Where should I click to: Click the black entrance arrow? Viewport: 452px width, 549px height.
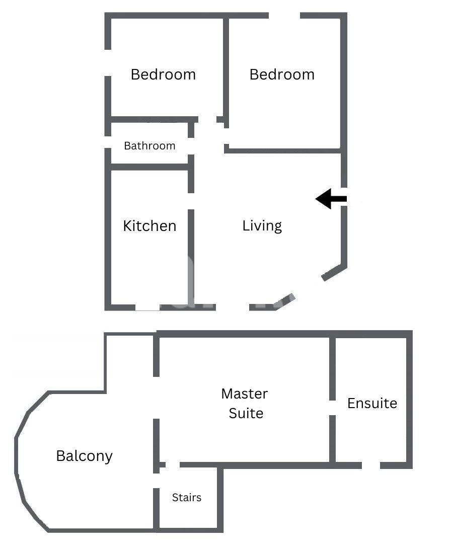tap(331, 199)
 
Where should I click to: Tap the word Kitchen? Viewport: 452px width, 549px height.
tap(149, 226)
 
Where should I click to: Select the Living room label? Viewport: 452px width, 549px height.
tap(262, 226)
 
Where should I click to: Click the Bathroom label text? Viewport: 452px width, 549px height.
tap(149, 145)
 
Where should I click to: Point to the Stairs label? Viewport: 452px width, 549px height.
tap(187, 498)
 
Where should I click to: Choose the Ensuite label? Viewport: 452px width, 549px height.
tap(372, 404)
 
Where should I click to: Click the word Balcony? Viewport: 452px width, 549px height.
tap(85, 456)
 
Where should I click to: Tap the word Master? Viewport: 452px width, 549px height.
tap(245, 394)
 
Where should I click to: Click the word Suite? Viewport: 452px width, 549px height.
tap(246, 414)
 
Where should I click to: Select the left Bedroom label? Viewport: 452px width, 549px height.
tap(163, 74)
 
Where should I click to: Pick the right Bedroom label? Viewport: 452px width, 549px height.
tap(282, 74)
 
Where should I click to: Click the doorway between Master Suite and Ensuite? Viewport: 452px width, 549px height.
tap(333, 408)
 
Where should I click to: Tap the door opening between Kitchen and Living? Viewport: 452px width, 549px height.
tap(191, 201)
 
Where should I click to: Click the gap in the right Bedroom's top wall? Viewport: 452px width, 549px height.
tap(284, 16)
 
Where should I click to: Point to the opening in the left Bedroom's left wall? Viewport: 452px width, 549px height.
tap(108, 63)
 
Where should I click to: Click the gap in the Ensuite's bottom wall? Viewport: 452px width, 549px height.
tap(371, 465)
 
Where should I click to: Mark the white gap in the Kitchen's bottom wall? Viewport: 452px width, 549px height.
tap(147, 307)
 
